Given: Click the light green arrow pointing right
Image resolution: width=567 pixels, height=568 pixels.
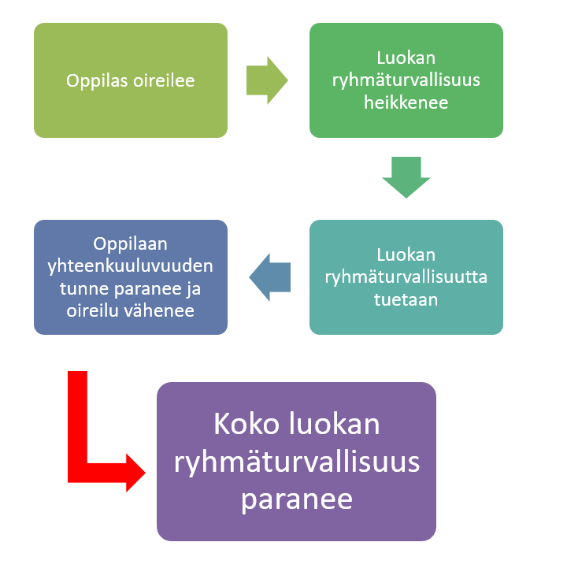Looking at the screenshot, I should [x=267, y=80].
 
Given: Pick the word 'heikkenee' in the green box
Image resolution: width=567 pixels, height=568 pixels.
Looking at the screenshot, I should [x=406, y=102].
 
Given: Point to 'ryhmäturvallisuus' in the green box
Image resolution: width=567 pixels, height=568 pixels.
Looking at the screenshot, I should [x=406, y=80].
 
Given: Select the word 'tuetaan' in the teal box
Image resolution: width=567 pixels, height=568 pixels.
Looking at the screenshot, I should [x=406, y=300].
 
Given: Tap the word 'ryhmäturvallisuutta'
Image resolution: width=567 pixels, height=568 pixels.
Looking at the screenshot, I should [x=406, y=277].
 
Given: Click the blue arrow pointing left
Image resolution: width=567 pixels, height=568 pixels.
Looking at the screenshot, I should [x=270, y=277].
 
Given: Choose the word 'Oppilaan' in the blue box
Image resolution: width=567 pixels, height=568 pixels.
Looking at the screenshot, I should [x=131, y=243].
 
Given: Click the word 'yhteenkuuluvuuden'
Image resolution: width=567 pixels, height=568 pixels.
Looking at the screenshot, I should [x=131, y=266].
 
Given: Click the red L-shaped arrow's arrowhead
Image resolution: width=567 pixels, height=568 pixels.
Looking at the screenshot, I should [x=132, y=473].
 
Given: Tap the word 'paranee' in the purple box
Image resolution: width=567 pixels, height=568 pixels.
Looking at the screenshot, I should [x=297, y=499].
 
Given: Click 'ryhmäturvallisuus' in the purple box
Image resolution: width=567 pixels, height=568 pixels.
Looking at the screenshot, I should [x=297, y=462].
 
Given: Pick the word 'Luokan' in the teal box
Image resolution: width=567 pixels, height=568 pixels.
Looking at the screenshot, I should [x=406, y=255].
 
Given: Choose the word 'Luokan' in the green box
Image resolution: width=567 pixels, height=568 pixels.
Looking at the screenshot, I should [x=406, y=58].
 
